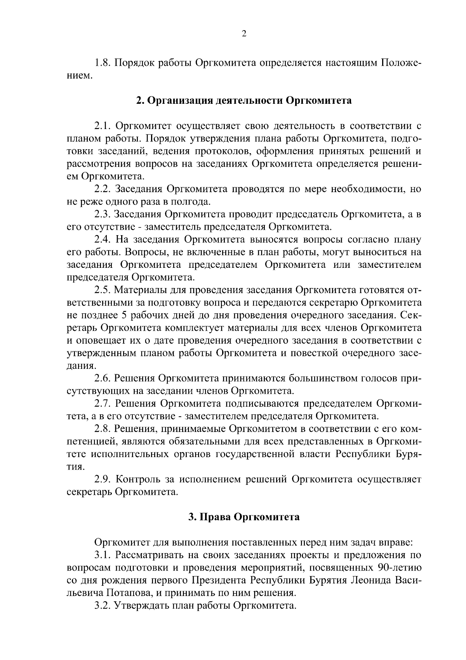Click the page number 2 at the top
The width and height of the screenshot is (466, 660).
[243, 34]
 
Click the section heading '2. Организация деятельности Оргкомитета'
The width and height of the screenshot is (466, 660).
[243, 100]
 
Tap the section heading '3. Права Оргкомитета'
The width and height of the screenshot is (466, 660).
[243, 517]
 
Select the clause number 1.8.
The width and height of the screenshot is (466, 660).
[103, 63]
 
